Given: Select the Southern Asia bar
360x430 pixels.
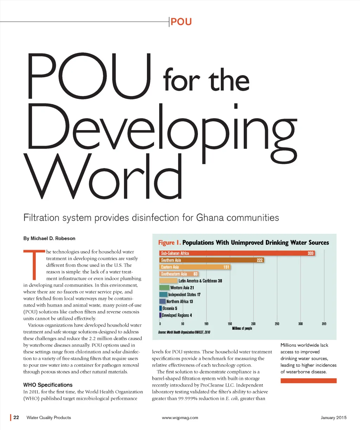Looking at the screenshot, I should point(211,260).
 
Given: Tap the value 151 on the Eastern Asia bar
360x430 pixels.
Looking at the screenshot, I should point(226,267).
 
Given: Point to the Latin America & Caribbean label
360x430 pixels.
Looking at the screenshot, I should point(200,281).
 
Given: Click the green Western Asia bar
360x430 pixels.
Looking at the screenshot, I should point(164,288).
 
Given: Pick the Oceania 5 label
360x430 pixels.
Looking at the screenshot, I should point(170,308).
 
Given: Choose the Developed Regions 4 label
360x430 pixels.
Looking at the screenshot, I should point(176,315).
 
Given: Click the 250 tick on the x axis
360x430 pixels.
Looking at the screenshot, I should point(277,324).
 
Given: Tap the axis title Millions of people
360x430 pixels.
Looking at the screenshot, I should point(242,328).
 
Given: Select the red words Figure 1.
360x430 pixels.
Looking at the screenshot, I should point(169,243).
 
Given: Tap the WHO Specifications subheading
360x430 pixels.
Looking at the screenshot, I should point(48,385).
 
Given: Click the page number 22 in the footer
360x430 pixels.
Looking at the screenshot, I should point(16,418).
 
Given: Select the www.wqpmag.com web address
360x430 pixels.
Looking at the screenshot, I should point(180,418).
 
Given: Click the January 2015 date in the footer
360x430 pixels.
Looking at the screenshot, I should point(333,418).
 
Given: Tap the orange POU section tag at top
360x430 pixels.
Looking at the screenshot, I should point(181,22).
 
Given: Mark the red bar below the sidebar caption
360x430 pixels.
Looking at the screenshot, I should point(308,381).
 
